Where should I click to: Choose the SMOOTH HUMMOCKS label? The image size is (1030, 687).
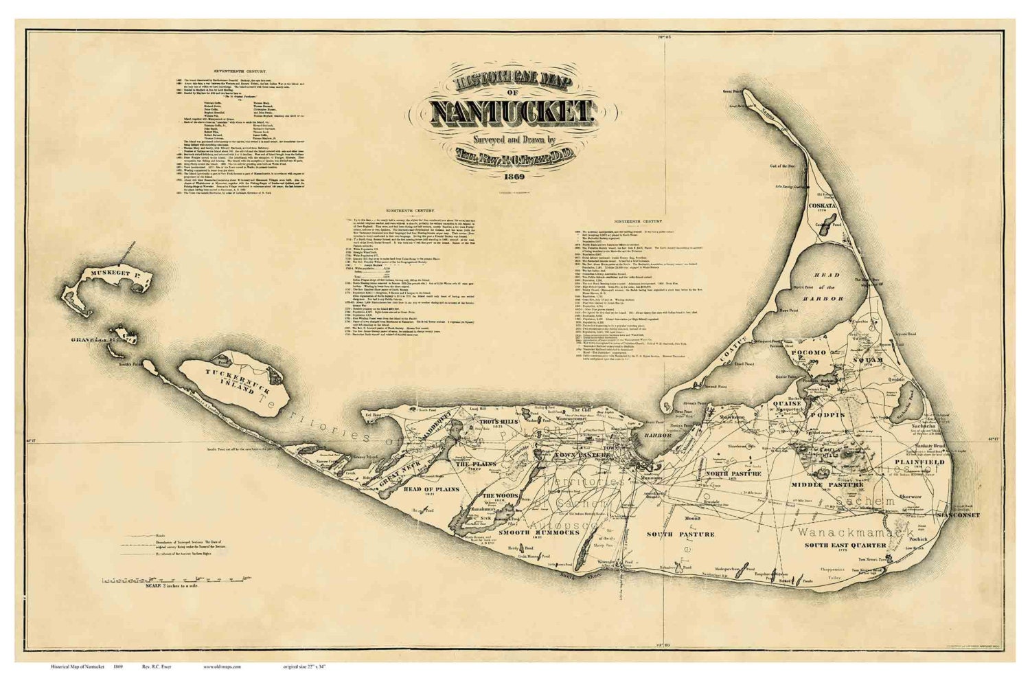tap(534, 532)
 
